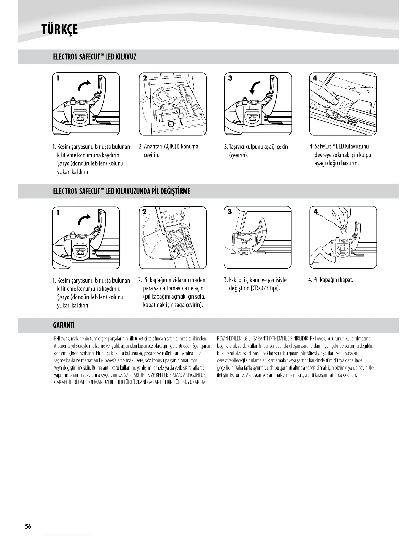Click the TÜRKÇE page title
coord(59,30)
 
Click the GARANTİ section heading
coord(64,325)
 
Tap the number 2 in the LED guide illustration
coord(145,78)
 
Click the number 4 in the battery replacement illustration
coord(316,212)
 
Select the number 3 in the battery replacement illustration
coord(230,212)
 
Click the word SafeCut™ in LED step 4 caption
coord(325,146)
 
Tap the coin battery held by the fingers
coord(344,230)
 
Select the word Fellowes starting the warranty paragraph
coord(62,339)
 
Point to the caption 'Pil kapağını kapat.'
coord(330,280)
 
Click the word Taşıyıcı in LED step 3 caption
coord(239,147)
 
